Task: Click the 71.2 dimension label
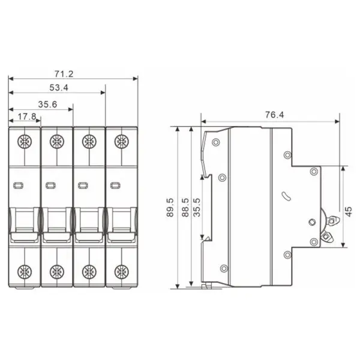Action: click(64, 74)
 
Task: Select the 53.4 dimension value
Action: click(59, 88)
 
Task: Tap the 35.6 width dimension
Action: click(47, 104)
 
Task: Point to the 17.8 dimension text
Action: click(27, 116)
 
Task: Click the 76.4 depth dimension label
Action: click(275, 115)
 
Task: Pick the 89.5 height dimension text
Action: click(170, 208)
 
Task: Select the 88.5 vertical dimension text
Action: click(185, 208)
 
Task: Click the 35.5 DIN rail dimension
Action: click(197, 208)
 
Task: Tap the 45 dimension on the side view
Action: click(349, 211)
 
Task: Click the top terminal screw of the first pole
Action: click(25, 141)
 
